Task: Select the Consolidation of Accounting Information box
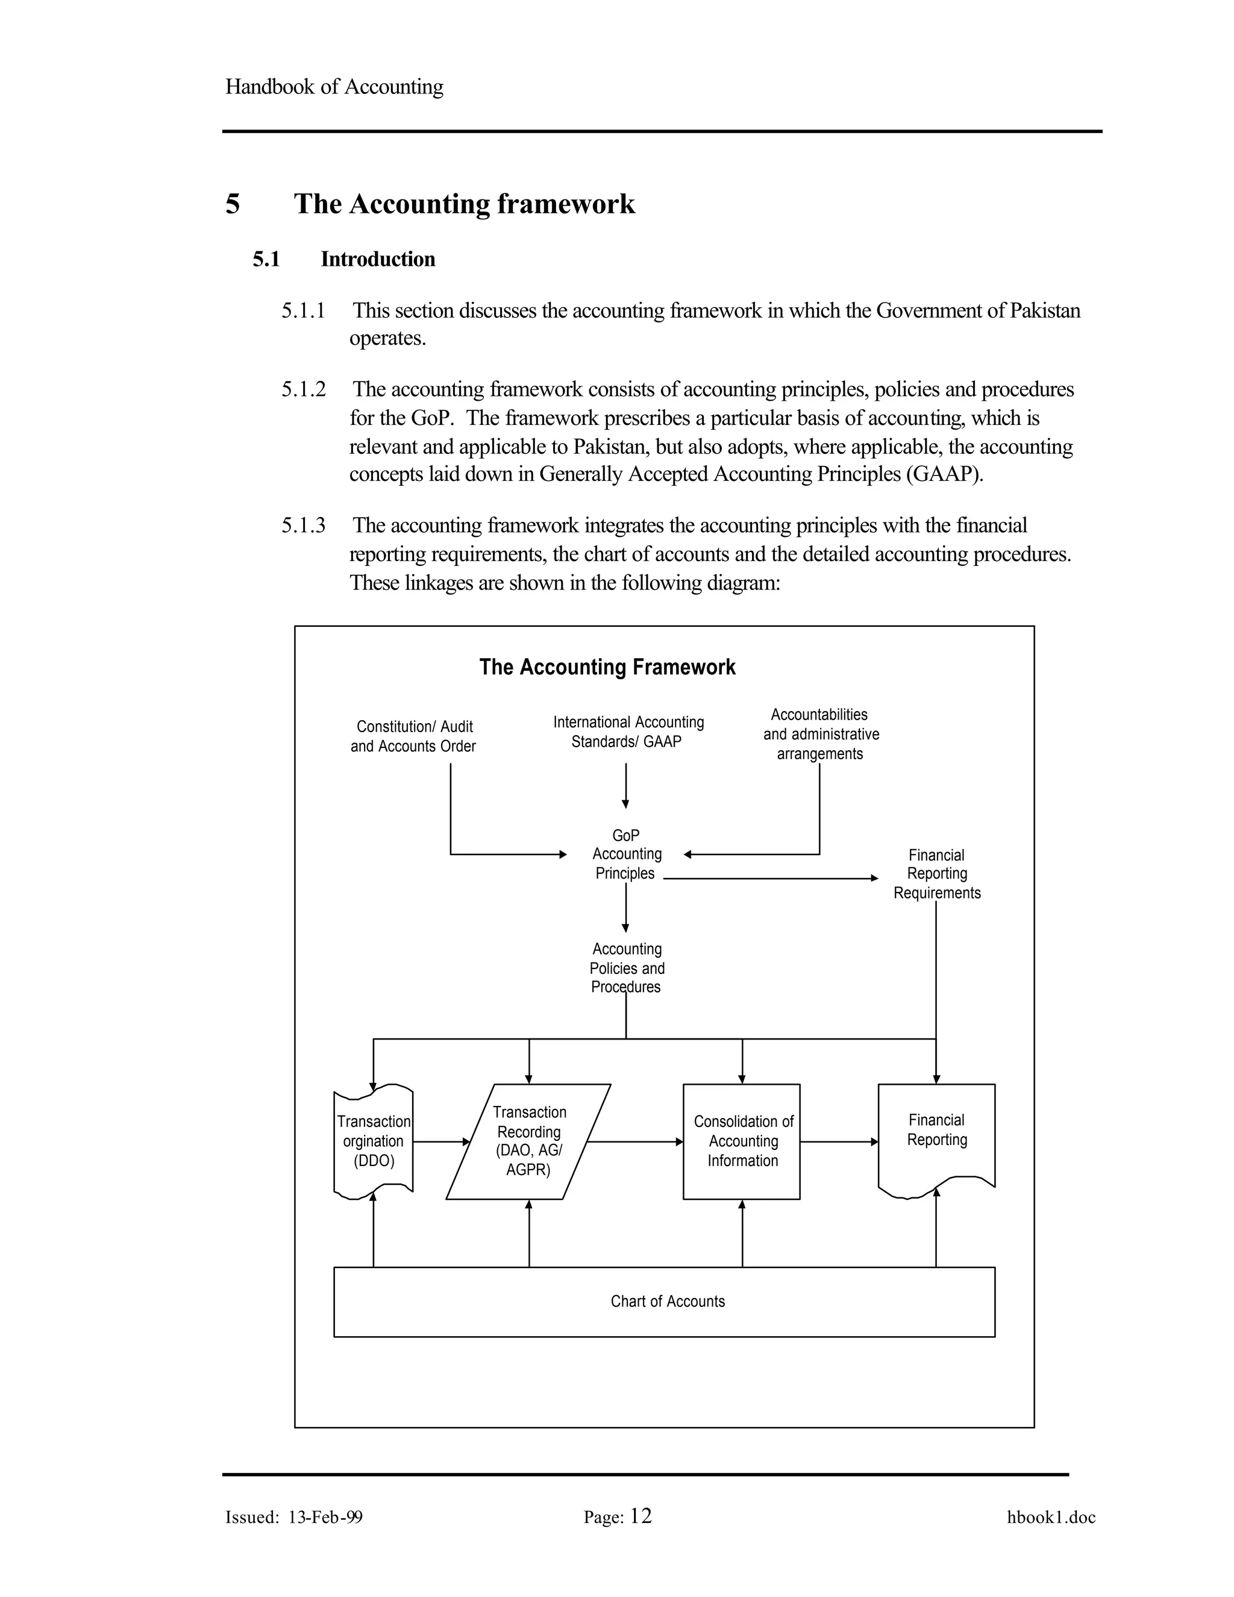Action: tap(741, 1141)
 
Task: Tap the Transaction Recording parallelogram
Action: tap(528, 1141)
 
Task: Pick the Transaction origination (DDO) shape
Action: tap(374, 1141)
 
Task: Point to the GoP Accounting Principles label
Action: tap(627, 854)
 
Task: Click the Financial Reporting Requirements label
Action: tap(936, 874)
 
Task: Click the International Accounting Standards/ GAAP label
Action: tap(628, 732)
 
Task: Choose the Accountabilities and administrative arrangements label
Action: tap(820, 734)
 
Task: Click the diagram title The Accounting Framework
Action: tap(607, 667)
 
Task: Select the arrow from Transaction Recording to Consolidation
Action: tap(634, 1141)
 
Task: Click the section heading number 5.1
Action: tap(266, 260)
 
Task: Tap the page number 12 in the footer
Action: tap(640, 1516)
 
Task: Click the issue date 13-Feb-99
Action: tap(325, 1517)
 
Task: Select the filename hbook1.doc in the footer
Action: tap(1050, 1517)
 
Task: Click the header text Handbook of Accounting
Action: tap(334, 87)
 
